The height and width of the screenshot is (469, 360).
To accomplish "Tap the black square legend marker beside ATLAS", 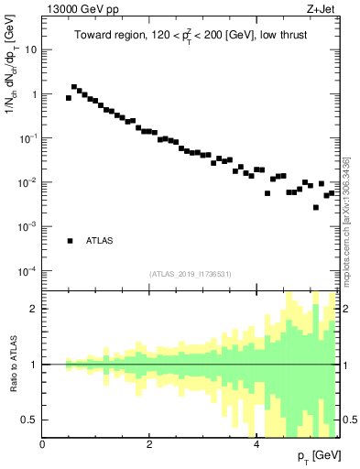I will tap(70, 241).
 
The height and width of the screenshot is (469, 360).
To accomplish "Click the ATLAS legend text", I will tap(100, 241).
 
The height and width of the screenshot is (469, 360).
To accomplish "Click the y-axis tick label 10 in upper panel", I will tap(30, 49).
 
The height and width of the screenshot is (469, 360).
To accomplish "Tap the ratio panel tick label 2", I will tap(32, 309).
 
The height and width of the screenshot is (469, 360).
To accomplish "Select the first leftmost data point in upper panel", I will tap(69, 97).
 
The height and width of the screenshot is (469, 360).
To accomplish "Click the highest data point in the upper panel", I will tap(74, 87).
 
